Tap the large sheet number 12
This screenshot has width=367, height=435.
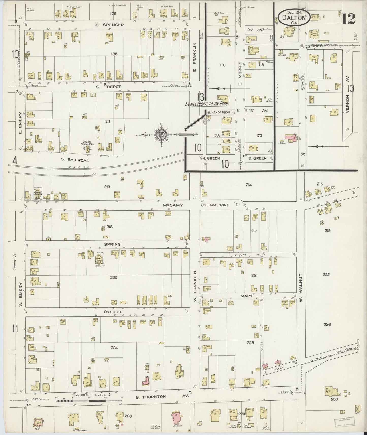(x=348, y=18)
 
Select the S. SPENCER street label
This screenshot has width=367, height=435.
(x=110, y=25)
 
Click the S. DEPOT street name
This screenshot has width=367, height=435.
(x=105, y=86)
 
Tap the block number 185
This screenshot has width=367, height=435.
(x=114, y=54)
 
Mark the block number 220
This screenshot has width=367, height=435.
(x=114, y=277)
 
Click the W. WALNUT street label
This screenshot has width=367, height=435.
(x=300, y=288)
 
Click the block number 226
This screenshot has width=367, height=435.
(x=327, y=324)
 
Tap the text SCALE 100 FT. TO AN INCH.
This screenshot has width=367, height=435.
(x=208, y=104)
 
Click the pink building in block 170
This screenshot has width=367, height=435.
(x=290, y=137)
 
